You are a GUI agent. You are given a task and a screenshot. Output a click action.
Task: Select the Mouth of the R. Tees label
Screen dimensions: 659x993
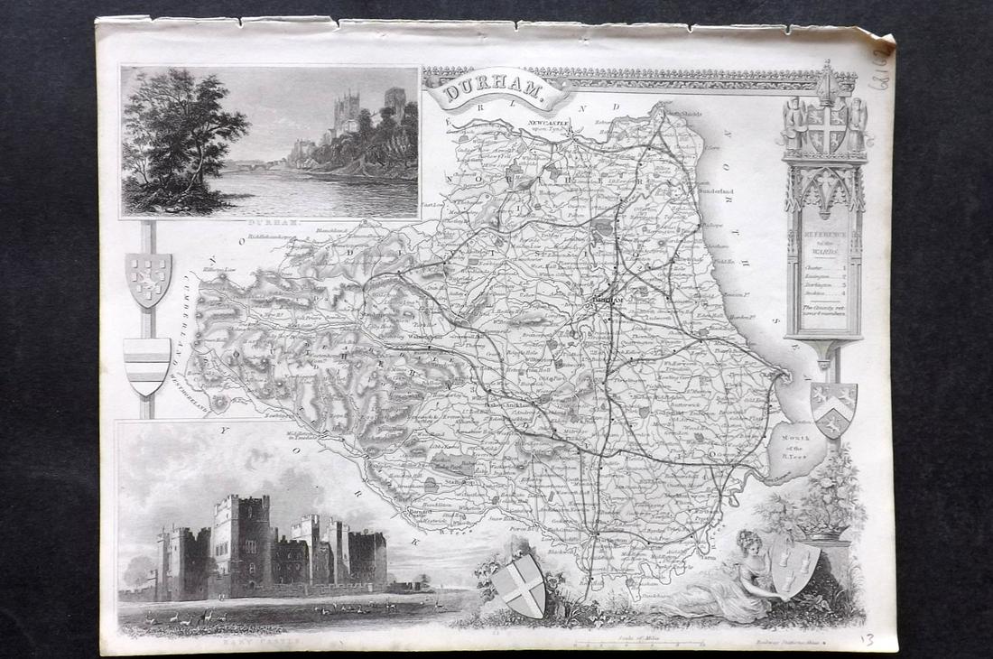[x=797, y=442]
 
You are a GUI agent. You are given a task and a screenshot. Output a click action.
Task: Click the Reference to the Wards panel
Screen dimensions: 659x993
[x=824, y=272]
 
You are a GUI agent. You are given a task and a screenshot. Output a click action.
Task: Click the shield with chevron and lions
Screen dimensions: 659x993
[x=833, y=407]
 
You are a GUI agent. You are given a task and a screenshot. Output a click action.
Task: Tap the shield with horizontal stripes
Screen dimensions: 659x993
[x=146, y=365]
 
